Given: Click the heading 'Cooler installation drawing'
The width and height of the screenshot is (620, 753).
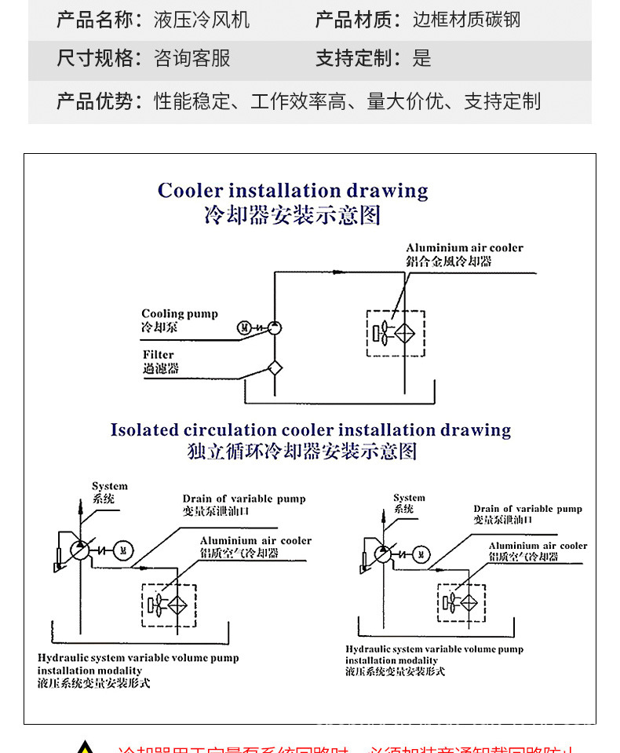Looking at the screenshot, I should [293, 191].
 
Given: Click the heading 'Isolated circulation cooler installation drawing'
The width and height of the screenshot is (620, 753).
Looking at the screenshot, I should [310, 430].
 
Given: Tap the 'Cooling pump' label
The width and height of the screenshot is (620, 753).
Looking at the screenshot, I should [180, 314].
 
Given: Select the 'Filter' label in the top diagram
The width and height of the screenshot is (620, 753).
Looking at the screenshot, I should [159, 355].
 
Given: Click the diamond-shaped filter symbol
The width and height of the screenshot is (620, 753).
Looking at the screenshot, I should [274, 367].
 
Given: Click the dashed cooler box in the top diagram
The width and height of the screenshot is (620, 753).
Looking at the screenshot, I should [396, 333].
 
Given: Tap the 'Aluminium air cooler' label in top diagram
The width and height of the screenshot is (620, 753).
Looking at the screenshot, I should [464, 248].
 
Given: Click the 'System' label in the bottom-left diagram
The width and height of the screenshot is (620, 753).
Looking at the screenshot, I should [109, 487].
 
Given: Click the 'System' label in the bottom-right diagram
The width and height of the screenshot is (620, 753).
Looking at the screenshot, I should [409, 498].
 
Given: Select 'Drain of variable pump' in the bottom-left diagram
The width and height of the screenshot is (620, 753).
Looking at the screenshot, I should [244, 499].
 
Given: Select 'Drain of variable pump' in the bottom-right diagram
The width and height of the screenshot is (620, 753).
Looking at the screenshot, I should [527, 509].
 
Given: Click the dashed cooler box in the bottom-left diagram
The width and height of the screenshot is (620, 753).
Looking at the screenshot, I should [169, 605].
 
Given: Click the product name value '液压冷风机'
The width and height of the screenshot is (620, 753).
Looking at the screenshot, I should [202, 20].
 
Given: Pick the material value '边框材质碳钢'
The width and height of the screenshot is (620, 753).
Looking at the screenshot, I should [466, 20].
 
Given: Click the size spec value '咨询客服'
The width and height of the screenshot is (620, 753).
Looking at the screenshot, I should [192, 59].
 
